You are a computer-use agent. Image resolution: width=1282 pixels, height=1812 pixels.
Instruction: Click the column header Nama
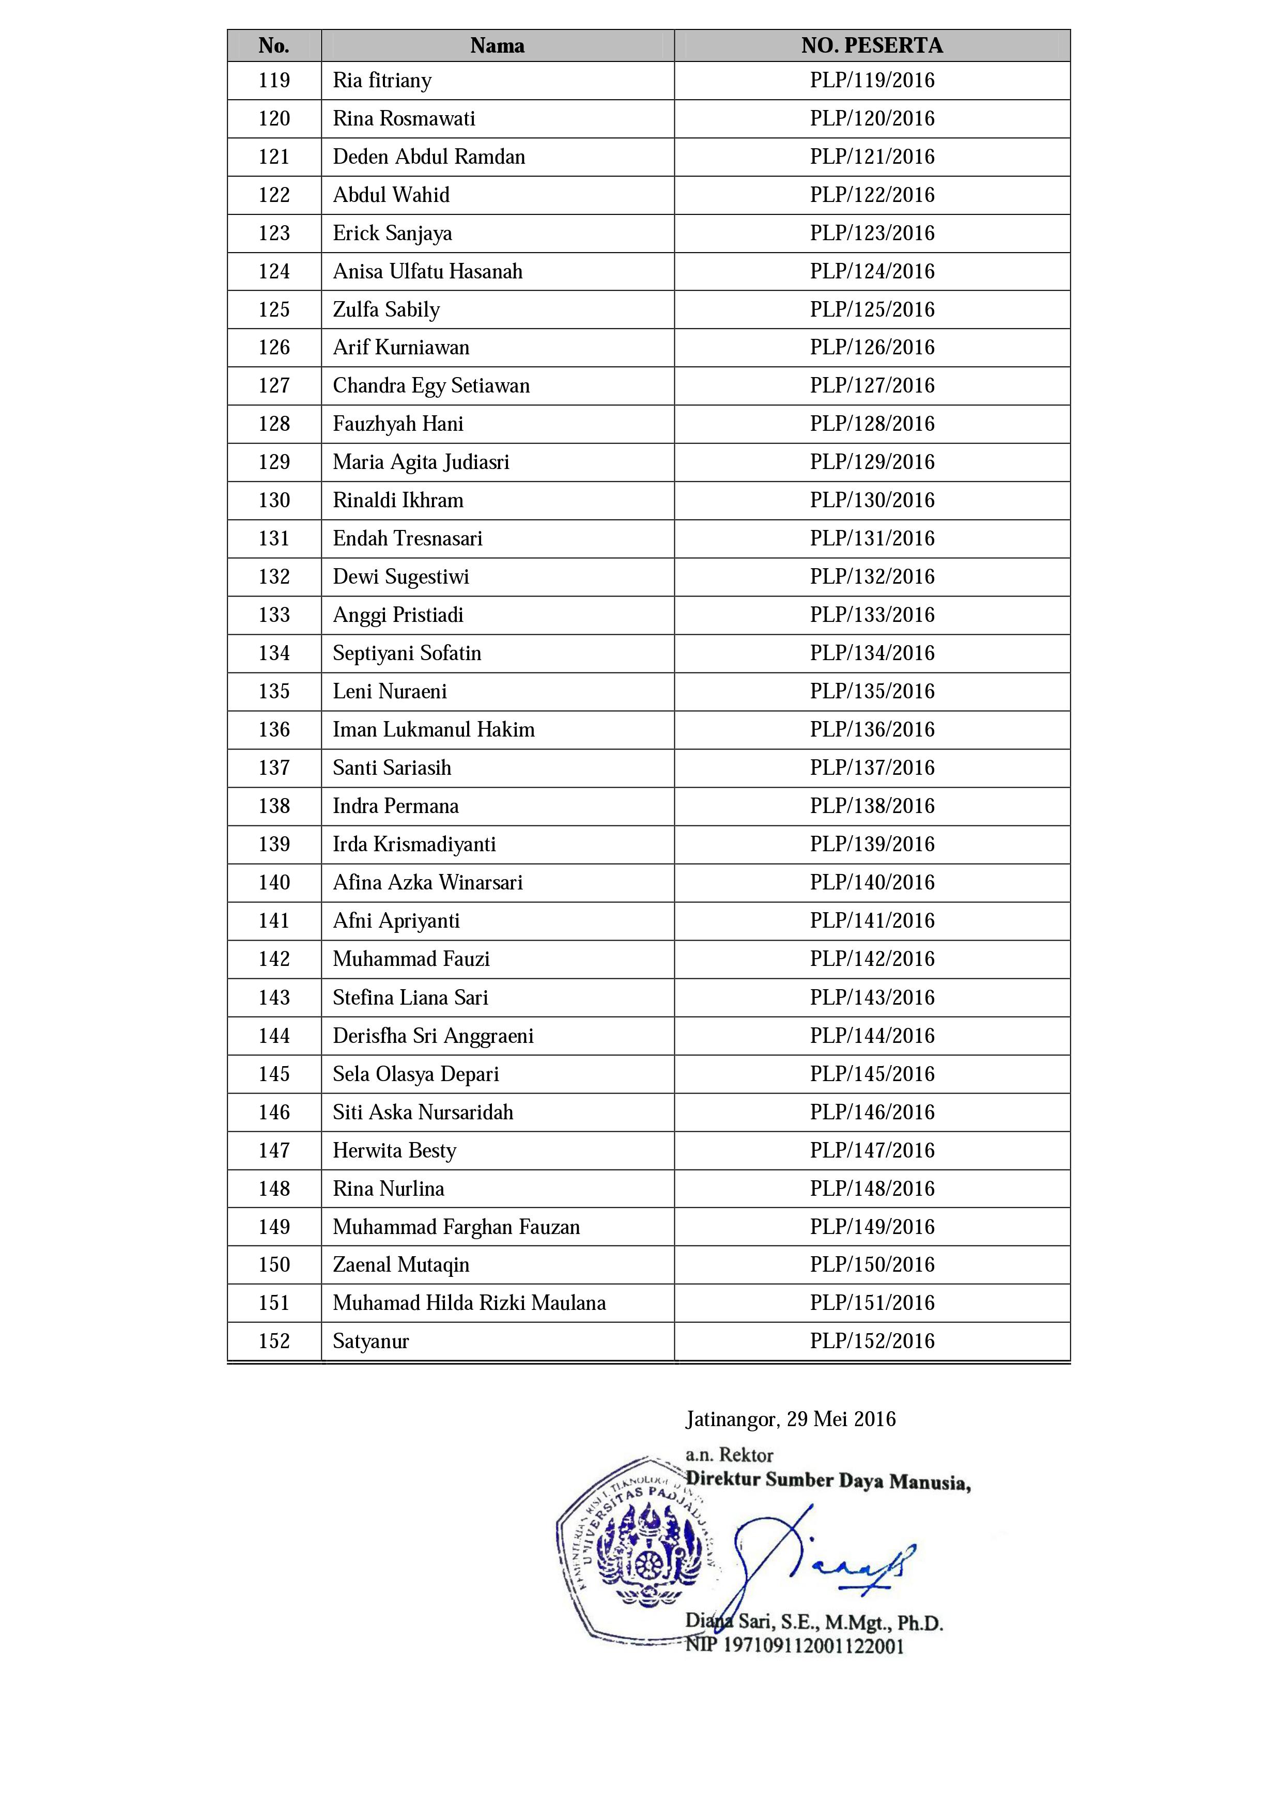click(x=497, y=46)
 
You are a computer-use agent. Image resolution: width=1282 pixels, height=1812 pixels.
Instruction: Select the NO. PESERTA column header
click(x=872, y=46)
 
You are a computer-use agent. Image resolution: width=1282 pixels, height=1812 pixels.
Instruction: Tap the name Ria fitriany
click(x=382, y=81)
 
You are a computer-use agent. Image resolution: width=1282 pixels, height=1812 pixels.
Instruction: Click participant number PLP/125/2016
click(x=872, y=309)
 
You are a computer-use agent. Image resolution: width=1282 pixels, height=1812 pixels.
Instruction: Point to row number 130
click(x=274, y=501)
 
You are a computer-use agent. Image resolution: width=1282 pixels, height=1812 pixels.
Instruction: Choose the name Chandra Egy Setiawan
click(x=431, y=386)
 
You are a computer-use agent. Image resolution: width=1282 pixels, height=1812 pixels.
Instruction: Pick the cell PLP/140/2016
click(x=872, y=882)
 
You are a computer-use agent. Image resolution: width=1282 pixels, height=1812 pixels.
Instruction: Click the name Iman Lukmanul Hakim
click(x=434, y=730)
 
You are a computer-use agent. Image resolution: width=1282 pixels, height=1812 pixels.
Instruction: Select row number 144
click(x=274, y=1036)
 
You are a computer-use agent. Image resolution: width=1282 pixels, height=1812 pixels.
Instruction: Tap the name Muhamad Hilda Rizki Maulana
click(x=469, y=1303)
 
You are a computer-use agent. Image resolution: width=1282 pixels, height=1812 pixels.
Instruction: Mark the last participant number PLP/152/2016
click(x=872, y=1341)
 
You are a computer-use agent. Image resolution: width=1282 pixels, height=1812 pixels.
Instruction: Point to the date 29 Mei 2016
click(x=842, y=1420)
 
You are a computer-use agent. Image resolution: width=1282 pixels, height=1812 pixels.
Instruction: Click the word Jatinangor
click(x=732, y=1420)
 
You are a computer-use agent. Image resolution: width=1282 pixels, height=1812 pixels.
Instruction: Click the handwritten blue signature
click(x=821, y=1559)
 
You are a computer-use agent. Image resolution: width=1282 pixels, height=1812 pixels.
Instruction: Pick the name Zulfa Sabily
click(x=386, y=310)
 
